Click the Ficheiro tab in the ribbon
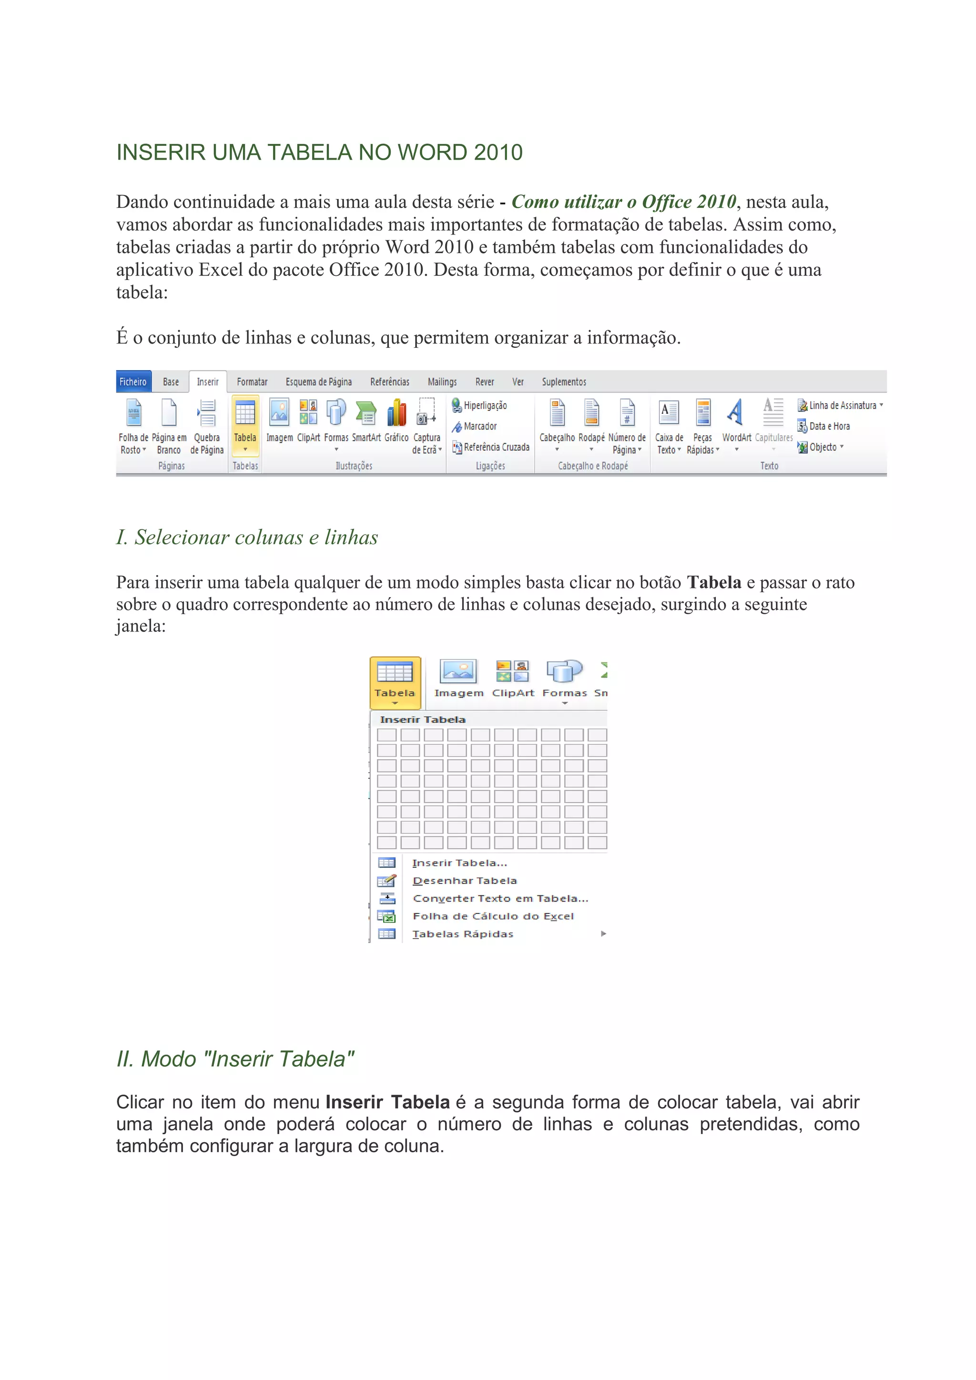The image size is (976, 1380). pos(133,382)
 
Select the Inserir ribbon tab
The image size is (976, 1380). pos(207,382)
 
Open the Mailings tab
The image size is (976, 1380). pos(442,382)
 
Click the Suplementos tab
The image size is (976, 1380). pos(564,382)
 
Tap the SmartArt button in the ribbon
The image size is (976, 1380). pos(366,421)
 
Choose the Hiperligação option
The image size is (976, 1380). pos(484,406)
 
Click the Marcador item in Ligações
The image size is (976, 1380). pos(479,426)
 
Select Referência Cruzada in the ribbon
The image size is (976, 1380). pos(496,447)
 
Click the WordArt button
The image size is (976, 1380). pos(736,421)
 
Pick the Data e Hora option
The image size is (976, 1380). pos(829,426)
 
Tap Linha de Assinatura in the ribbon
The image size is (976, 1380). pos(842,406)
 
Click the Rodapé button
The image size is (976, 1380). pos(591,421)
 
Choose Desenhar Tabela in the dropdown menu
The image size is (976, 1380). pos(465,881)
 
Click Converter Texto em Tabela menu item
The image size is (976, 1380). pos(500,899)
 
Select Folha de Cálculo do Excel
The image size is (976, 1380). pos(493,916)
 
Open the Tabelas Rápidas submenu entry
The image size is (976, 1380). pos(463,934)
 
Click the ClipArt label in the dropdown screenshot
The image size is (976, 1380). pos(513,693)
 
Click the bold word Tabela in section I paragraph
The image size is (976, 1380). pos(714,582)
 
